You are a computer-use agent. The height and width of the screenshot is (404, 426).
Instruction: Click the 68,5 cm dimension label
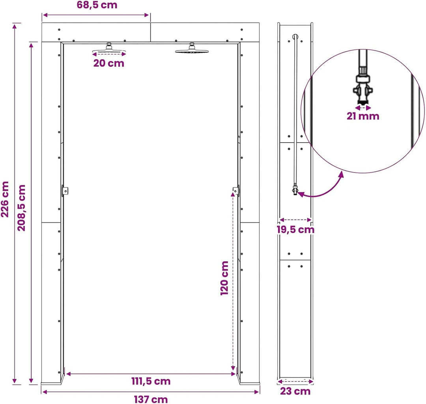(97, 5)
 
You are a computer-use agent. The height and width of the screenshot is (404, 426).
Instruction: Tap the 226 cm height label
(5, 199)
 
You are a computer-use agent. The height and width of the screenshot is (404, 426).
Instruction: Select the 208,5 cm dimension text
(21, 208)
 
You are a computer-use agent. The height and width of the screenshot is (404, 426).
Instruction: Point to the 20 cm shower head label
(109, 63)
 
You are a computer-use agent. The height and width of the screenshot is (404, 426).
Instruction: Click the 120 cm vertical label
(224, 278)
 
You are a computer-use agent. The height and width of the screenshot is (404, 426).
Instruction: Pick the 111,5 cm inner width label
(151, 381)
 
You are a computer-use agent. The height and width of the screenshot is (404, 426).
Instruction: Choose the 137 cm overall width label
(151, 399)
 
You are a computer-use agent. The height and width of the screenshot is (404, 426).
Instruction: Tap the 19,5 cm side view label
(295, 229)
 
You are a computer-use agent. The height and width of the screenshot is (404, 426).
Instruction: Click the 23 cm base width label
(295, 391)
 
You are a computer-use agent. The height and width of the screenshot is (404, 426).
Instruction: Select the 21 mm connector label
(363, 116)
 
